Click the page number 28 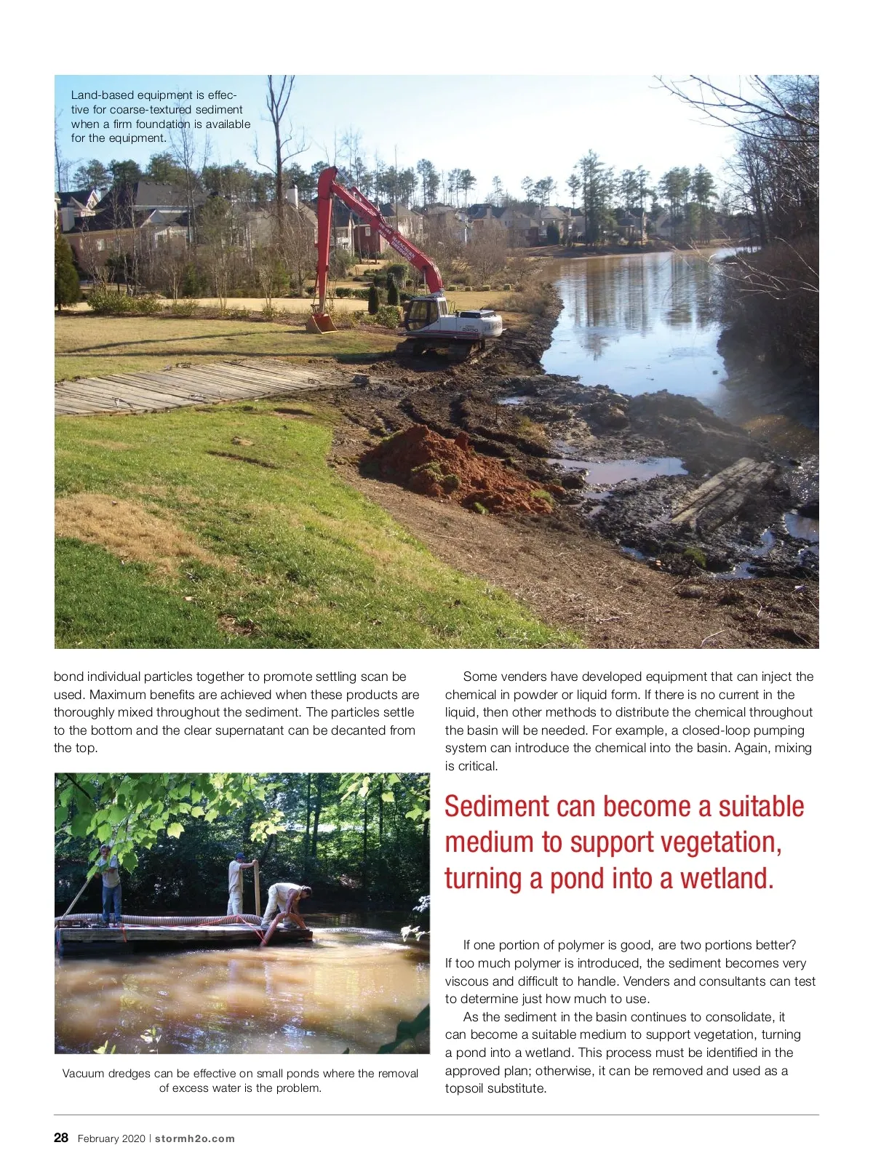61,1138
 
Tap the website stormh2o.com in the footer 195,1138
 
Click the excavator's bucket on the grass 320,322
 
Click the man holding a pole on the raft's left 109,883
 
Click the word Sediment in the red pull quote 496,807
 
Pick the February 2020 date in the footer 111,1138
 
